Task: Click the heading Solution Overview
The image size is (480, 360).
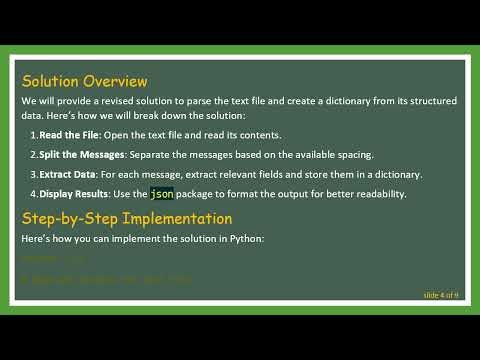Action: pos(84,81)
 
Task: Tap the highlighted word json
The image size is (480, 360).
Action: pos(161,193)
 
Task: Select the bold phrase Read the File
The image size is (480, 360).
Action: pos(71,135)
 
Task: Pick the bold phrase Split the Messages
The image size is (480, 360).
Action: pos(82,154)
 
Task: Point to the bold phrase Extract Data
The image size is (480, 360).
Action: pos(68,174)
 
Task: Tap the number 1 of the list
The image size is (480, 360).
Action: pos(32,135)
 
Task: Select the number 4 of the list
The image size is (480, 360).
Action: pos(32,193)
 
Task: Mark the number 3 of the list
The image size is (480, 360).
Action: pos(32,174)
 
